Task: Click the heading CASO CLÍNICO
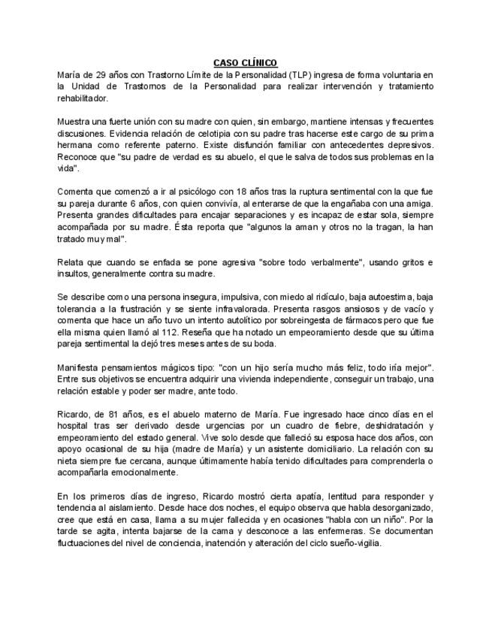tap(246, 63)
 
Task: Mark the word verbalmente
tap(327, 262)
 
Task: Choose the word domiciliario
tap(297, 449)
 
